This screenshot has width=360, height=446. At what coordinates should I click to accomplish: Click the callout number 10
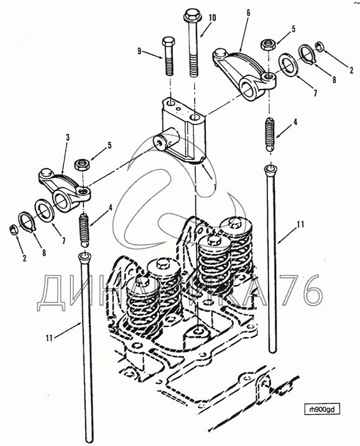point(212,17)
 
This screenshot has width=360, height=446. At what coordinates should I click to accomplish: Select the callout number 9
point(139,51)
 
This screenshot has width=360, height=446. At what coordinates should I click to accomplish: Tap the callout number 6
point(248,13)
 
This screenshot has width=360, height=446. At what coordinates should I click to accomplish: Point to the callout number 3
point(67,137)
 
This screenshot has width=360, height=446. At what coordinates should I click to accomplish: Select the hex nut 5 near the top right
point(267,45)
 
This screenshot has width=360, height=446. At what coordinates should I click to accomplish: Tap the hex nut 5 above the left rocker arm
point(82,164)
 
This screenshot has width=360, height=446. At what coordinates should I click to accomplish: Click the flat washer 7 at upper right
point(288,65)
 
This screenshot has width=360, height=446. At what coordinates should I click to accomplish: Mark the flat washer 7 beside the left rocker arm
point(45,211)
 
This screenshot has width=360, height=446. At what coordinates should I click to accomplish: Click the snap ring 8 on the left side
point(27,223)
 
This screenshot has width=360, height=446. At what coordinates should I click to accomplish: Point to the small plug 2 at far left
point(12,230)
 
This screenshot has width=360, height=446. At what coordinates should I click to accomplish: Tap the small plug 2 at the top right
point(319,47)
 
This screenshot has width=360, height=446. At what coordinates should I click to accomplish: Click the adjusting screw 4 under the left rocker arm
point(84,230)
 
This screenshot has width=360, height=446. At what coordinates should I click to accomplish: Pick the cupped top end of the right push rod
point(270,170)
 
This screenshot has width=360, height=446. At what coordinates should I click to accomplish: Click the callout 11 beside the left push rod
point(49,338)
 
